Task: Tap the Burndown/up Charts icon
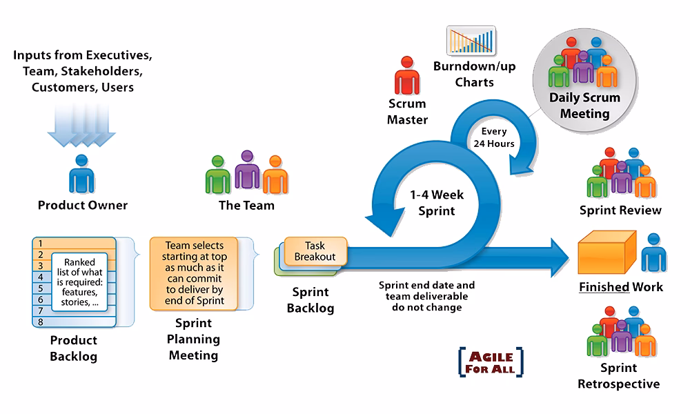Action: point(471,41)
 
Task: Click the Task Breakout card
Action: point(315,251)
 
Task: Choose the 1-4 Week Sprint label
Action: point(437,203)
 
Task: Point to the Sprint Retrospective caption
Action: point(618,376)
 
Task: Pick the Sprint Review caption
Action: point(620,210)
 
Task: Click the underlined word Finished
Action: point(604,286)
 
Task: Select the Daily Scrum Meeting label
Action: point(584,105)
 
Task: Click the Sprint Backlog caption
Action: point(311,300)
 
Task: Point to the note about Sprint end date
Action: point(426,296)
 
